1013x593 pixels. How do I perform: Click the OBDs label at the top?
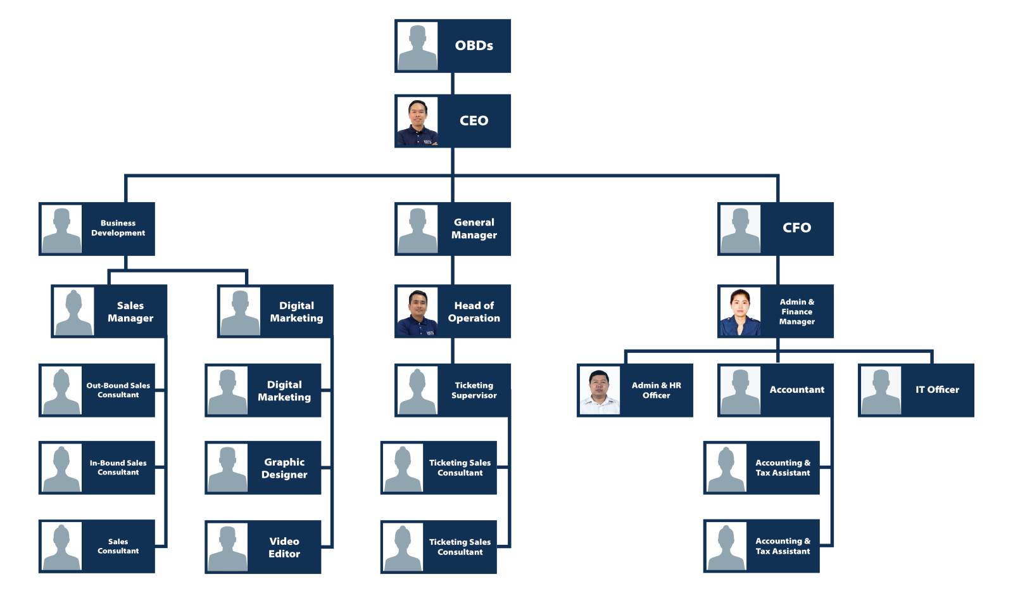(474, 46)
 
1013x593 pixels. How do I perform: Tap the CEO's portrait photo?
(417, 121)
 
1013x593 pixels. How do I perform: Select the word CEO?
(474, 120)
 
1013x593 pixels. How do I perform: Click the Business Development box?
(97, 229)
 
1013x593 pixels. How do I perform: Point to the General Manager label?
(474, 229)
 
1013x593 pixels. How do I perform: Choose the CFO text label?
(796, 227)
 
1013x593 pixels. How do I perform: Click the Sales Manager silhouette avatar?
(74, 311)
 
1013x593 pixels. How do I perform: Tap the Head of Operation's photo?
(417, 311)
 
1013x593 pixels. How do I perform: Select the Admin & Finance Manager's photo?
(740, 311)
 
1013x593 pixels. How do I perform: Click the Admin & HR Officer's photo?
(600, 390)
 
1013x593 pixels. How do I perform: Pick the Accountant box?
(775, 390)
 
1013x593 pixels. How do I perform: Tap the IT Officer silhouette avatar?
(881, 390)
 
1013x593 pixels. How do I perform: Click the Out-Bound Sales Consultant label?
(118, 390)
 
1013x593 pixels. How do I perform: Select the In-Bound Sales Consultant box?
(97, 468)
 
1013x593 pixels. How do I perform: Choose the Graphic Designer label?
(284, 468)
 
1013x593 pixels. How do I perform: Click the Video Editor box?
(263, 547)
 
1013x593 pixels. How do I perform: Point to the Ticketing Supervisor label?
(474, 390)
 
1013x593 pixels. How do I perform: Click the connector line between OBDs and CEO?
(452, 84)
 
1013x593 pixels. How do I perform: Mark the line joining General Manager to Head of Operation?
(452, 270)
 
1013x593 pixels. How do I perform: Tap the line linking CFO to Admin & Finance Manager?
(777, 270)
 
